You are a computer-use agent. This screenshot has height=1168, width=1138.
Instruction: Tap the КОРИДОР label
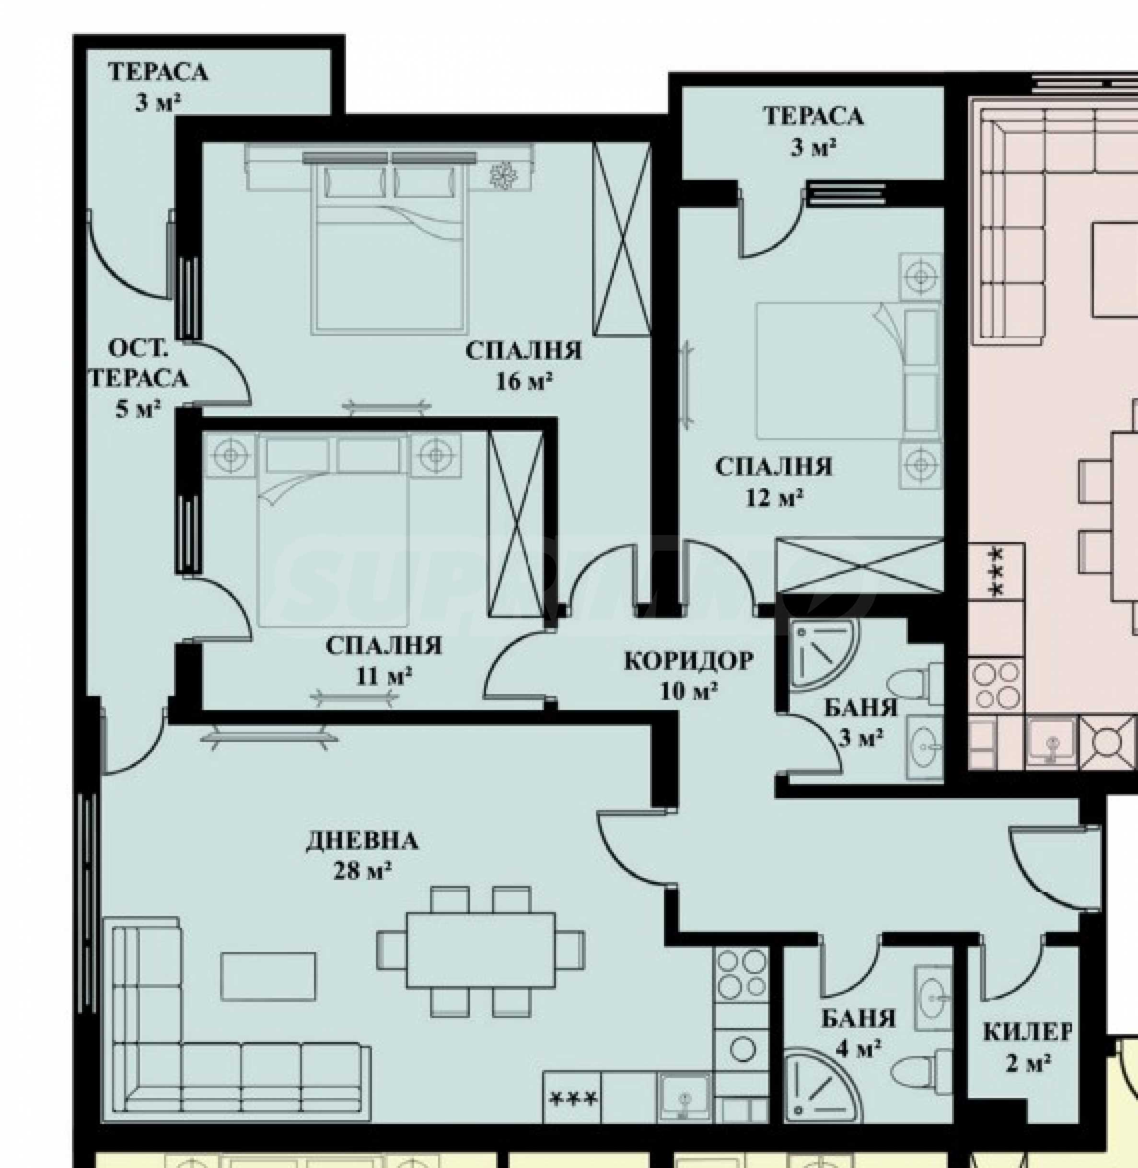[x=688, y=661]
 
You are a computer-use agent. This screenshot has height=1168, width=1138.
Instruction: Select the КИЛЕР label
[x=1027, y=1032]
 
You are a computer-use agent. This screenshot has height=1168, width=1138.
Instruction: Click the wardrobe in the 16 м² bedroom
[x=622, y=239]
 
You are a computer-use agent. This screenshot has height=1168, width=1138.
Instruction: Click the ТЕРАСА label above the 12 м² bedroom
[x=813, y=116]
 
